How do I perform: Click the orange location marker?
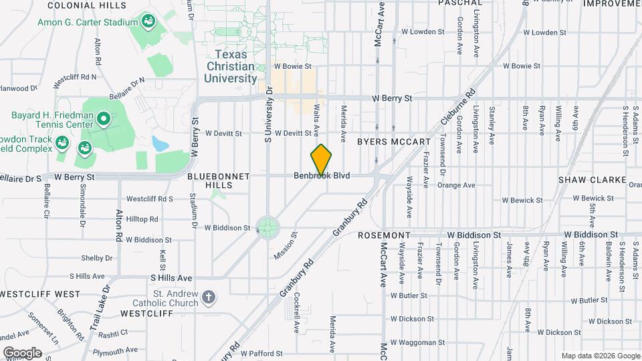(x=322, y=160)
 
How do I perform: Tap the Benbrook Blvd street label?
(x=322, y=176)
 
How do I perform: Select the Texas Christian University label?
(x=230, y=67)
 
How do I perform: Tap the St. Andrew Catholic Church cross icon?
(x=209, y=297)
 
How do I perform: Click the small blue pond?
(x=160, y=143)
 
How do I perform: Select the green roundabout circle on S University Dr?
(x=267, y=227)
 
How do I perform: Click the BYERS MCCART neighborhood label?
(x=394, y=142)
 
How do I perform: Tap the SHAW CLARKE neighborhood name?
(x=593, y=180)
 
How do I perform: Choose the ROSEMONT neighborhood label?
(x=384, y=236)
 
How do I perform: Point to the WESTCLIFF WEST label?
(x=40, y=294)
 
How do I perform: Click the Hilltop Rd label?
(x=142, y=219)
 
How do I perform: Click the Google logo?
(x=22, y=352)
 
